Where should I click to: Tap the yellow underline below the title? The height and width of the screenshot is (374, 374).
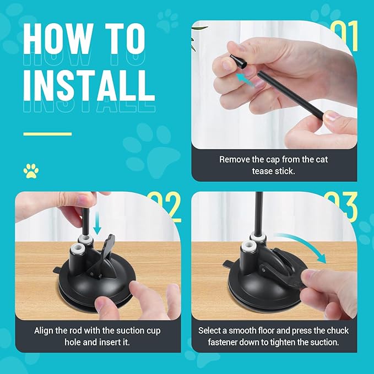coord(47,133)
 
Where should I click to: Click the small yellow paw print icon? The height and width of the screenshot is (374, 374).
coord(31,171)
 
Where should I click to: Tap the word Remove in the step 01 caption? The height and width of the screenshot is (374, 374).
coord(234,160)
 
